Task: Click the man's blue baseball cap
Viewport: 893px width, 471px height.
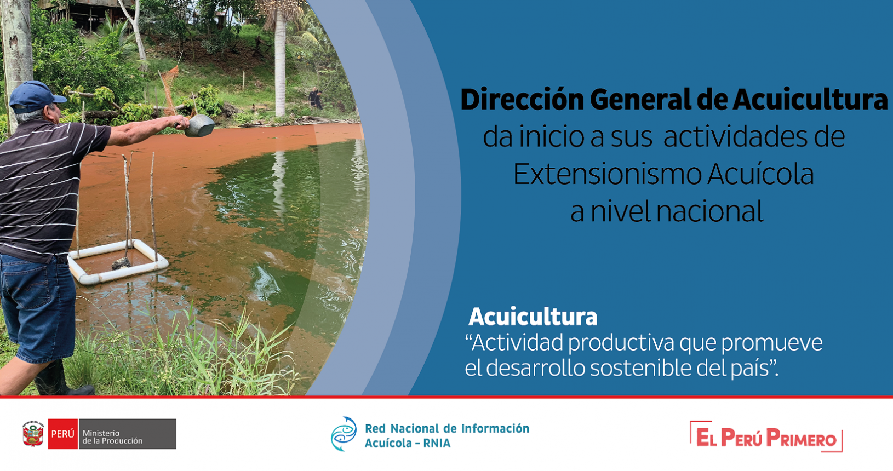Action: point(36,97)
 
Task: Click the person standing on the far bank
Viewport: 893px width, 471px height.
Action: point(315,99)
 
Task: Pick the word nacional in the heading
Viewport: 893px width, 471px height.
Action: point(709,211)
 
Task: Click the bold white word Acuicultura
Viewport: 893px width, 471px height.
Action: point(533,317)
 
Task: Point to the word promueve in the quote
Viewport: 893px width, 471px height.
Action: point(771,343)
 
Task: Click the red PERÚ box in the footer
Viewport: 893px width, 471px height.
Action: point(62,434)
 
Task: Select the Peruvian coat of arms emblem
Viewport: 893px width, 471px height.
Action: point(33,434)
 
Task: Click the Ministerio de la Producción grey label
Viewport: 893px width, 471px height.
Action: point(128,434)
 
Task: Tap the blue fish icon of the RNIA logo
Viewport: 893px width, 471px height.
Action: point(344,434)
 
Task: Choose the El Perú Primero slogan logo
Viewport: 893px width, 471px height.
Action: point(766,436)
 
